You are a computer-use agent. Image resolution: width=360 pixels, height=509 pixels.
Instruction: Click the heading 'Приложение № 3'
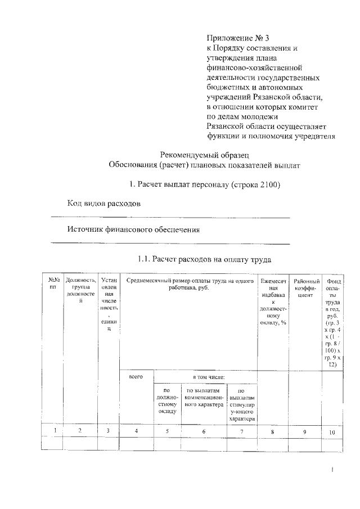tap(238, 38)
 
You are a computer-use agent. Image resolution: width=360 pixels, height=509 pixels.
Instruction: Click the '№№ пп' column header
tap(55, 283)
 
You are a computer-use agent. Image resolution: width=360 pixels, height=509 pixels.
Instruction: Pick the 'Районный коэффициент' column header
tap(308, 287)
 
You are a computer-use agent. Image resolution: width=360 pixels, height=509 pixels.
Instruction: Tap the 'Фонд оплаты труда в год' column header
tap(333, 321)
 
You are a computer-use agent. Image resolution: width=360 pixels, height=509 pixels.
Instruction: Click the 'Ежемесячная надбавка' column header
tap(274, 301)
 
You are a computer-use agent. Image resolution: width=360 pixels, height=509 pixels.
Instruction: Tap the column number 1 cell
tap(55, 431)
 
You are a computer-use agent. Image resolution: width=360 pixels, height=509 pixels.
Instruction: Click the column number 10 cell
tap(332, 431)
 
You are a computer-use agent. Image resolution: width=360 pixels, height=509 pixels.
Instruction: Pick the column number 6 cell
tap(204, 431)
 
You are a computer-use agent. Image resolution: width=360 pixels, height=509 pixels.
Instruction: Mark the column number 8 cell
tap(273, 431)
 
